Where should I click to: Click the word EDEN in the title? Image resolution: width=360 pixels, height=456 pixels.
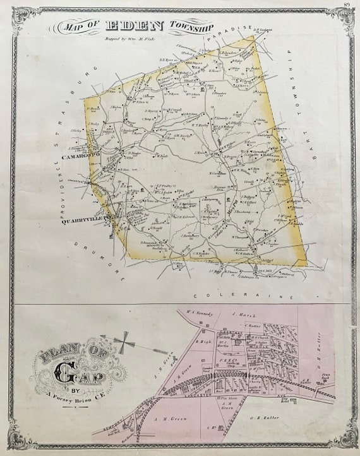[135, 26]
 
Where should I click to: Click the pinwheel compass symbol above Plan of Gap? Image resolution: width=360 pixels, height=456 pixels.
[124, 343]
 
